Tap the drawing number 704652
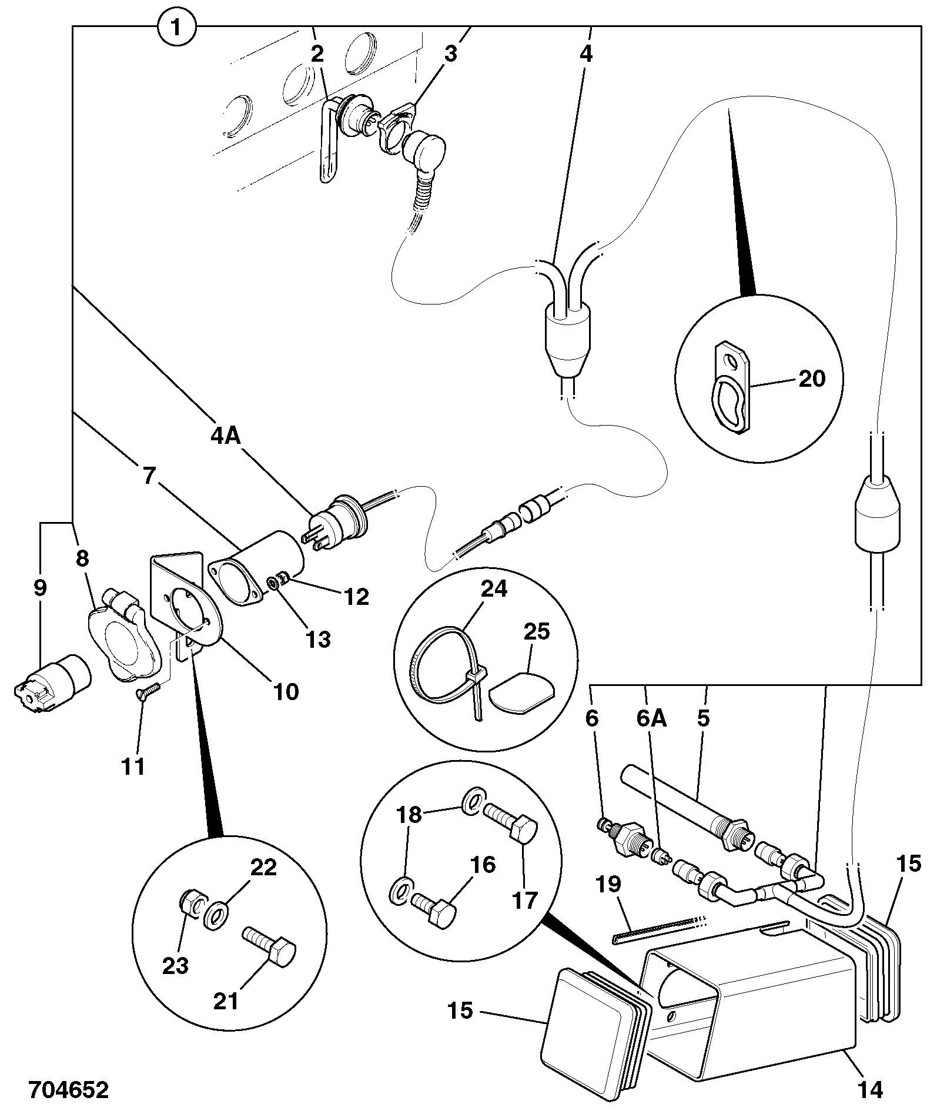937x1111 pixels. click(69, 1090)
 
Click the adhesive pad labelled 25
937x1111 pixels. click(521, 693)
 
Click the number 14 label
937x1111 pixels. click(871, 1089)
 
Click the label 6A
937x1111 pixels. click(652, 720)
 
